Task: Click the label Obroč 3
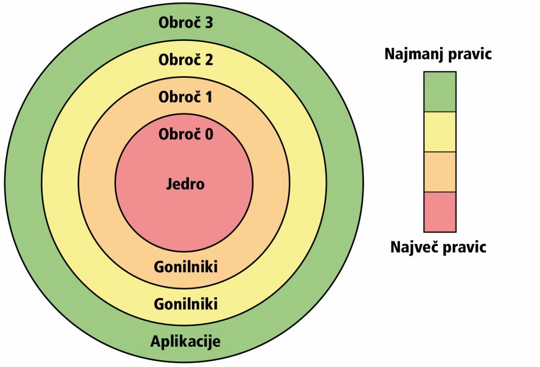pos(185,23)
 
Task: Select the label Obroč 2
pos(185,60)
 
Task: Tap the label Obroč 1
pos(185,96)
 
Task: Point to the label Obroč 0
pos(185,134)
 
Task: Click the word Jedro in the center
pos(185,184)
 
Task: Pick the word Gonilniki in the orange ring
pos(185,267)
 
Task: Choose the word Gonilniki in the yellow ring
pos(185,304)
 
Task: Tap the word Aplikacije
pos(185,342)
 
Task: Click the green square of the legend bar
pos(440,92)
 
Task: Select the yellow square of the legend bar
pos(440,132)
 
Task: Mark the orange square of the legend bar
pos(440,172)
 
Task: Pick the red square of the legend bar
pos(440,212)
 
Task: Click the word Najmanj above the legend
pos(414,55)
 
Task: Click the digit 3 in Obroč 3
pos(208,23)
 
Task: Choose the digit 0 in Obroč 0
pos(209,134)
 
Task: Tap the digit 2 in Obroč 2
pos(208,60)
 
